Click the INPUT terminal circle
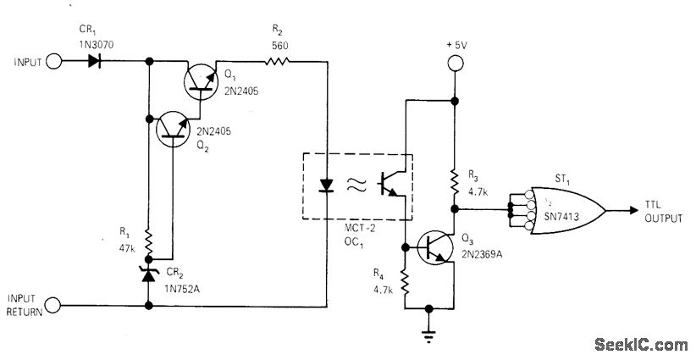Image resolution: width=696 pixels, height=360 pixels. (x=54, y=62)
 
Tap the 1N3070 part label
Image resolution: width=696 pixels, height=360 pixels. (x=91, y=40)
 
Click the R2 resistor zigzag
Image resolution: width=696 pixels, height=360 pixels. (x=279, y=62)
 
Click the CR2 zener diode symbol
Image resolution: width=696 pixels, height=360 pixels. (x=149, y=274)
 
